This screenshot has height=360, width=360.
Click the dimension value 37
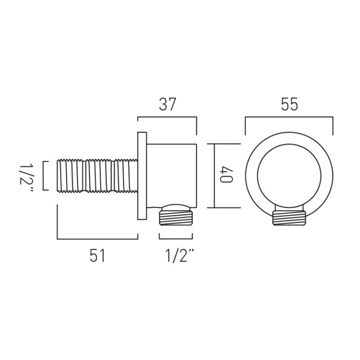(x=167, y=104)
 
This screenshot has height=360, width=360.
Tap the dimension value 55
(x=289, y=104)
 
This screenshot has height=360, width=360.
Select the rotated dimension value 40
(x=226, y=175)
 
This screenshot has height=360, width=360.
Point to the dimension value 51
(x=97, y=256)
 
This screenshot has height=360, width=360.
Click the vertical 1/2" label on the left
(x=27, y=175)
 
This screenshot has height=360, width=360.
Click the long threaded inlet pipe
(x=97, y=175)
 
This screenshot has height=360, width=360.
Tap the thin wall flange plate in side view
(x=142, y=175)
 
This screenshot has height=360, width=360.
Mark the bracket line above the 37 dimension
(x=167, y=118)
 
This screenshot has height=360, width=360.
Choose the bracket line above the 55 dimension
(x=289, y=118)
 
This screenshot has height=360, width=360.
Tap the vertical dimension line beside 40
(x=214, y=175)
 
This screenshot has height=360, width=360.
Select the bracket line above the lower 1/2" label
(x=176, y=239)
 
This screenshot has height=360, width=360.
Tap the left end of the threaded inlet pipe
(x=59, y=175)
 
